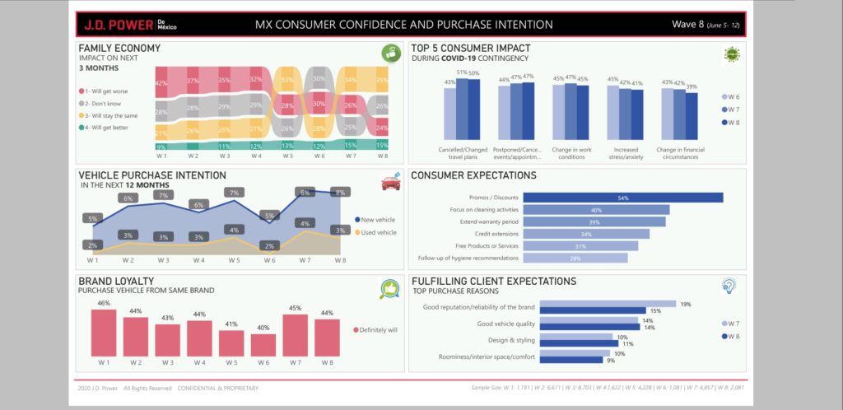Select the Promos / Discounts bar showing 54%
(622, 198)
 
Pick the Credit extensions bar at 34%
(586, 234)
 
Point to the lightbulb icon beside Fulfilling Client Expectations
(729, 287)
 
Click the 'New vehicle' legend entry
(377, 220)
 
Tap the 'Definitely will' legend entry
(378, 329)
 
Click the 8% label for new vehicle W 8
(339, 193)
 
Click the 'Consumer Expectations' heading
(473, 175)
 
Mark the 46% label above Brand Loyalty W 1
(103, 304)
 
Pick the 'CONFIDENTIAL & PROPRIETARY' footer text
(218, 388)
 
